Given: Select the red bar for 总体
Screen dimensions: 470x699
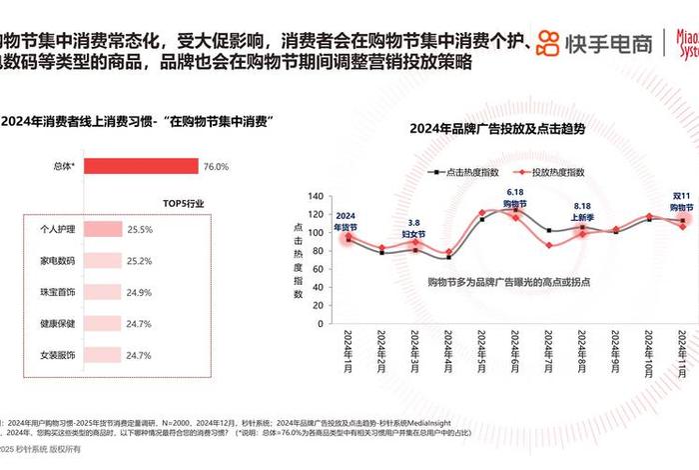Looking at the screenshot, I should [x=140, y=167].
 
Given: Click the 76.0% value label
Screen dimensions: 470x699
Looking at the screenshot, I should [x=217, y=167].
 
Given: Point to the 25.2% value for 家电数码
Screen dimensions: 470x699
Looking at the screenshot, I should [x=139, y=261].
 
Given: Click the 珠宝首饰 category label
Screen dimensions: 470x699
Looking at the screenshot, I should [x=54, y=292].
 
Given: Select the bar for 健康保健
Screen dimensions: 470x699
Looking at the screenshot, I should [x=102, y=324].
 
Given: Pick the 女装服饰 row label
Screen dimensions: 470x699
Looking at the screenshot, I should [x=54, y=355].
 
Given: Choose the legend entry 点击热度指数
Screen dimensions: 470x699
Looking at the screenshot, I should [x=467, y=172].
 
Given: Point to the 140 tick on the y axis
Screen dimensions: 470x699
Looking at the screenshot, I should [x=317, y=196].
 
